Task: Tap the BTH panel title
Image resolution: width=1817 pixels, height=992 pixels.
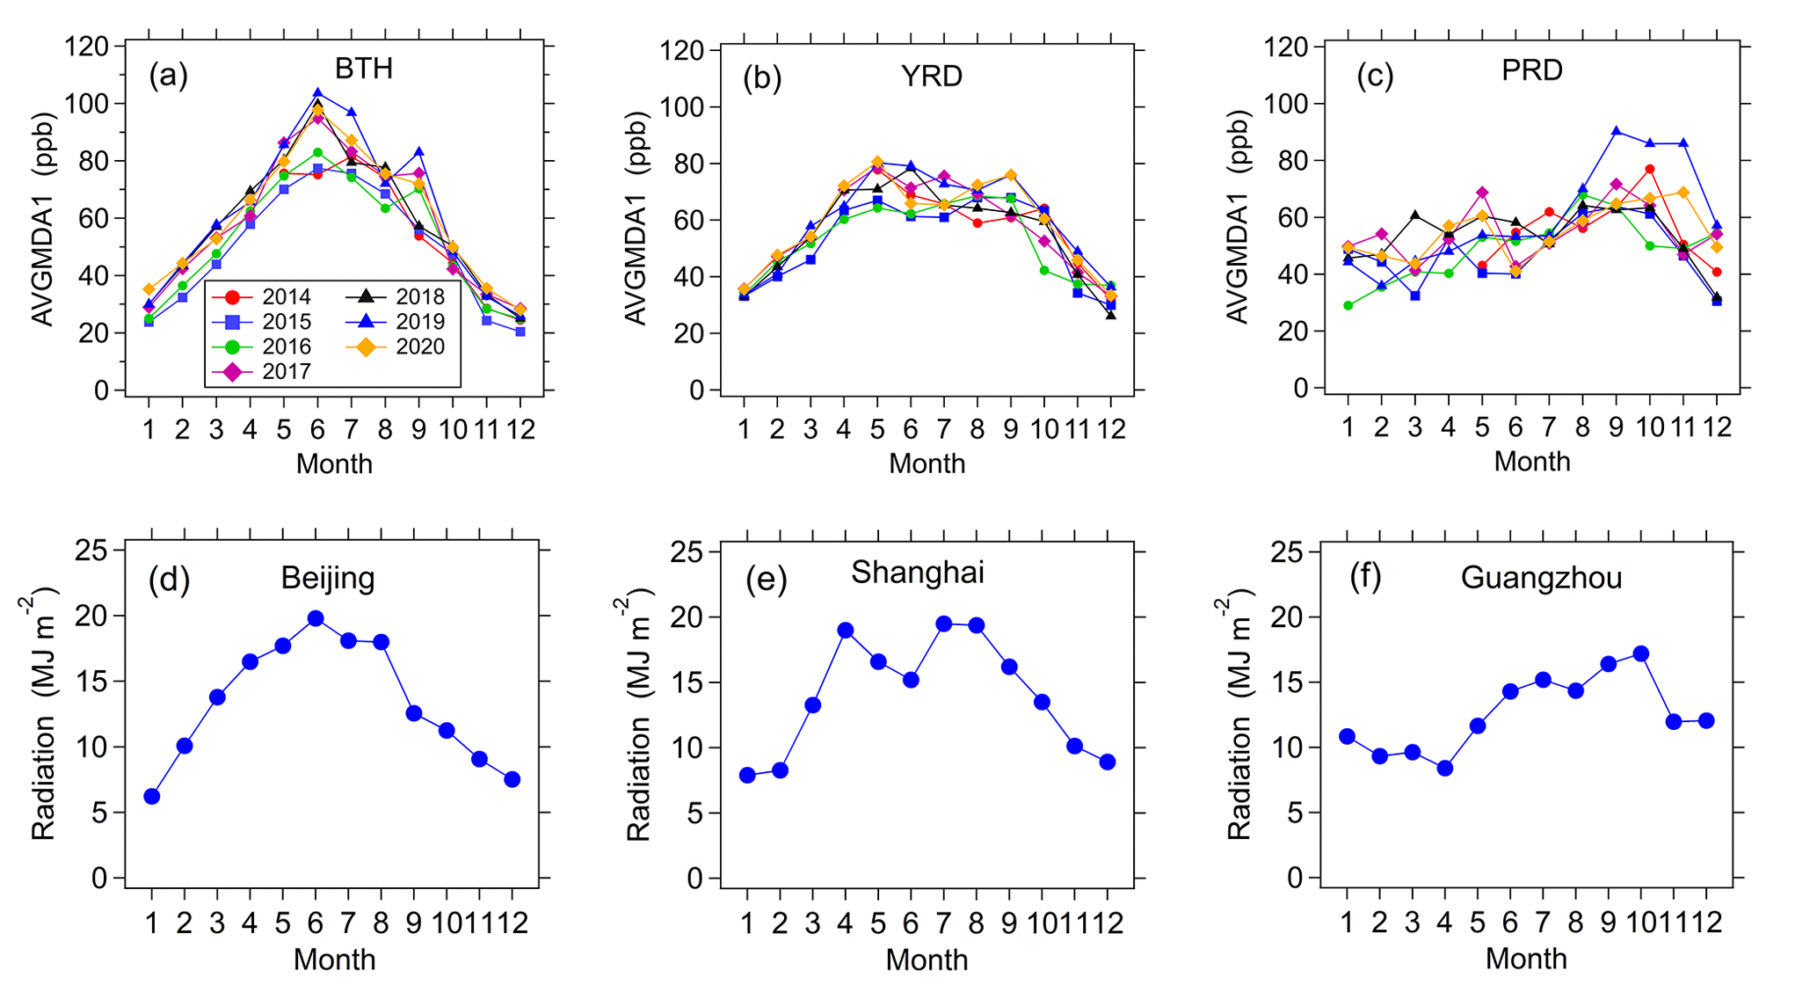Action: (363, 69)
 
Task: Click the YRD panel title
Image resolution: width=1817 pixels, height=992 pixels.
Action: (932, 76)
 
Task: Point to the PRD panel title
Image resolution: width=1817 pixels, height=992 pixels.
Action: (1531, 69)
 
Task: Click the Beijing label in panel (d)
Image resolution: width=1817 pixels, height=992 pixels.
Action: (328, 578)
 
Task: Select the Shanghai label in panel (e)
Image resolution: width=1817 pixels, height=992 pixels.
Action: (917, 573)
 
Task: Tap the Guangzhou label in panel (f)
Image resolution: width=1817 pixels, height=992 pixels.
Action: (1541, 578)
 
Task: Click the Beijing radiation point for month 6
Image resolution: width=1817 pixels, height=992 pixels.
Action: (316, 618)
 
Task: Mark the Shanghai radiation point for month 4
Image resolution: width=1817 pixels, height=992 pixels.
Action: (846, 630)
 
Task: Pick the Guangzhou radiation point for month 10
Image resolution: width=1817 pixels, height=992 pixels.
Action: (1640, 653)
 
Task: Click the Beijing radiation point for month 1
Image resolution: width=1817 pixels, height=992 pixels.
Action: (152, 796)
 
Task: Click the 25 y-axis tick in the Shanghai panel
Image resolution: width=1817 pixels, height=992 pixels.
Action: (687, 551)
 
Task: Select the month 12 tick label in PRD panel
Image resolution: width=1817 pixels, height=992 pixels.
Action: (1715, 427)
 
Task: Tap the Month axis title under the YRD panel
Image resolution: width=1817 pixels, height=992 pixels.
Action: (927, 463)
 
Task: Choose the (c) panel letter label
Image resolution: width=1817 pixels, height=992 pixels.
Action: (1375, 77)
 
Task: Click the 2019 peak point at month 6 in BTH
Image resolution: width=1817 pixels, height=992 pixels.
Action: (317, 92)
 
